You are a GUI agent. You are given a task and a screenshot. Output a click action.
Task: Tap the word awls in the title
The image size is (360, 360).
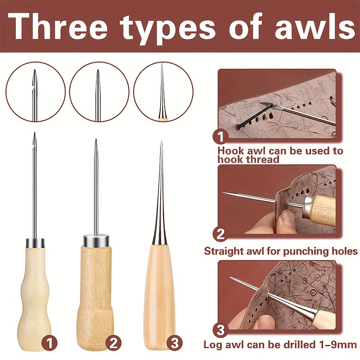(315, 27)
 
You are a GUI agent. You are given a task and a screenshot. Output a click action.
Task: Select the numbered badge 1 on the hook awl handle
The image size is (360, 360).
(49, 344)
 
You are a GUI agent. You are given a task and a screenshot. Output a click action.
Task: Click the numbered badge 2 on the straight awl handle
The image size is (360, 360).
(113, 344)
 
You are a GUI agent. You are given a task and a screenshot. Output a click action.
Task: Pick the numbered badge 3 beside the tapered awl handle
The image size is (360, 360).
(175, 344)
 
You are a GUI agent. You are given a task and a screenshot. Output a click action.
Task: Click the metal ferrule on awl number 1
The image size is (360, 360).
(35, 243)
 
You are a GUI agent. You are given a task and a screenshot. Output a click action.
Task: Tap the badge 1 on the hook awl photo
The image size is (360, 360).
(220, 137)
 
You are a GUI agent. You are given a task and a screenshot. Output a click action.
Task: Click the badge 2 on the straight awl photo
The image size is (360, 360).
(220, 234)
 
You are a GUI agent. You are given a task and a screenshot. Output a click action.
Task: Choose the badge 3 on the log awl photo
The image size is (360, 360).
(220, 330)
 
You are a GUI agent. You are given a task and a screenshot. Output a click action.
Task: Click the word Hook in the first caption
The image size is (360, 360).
(231, 151)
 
